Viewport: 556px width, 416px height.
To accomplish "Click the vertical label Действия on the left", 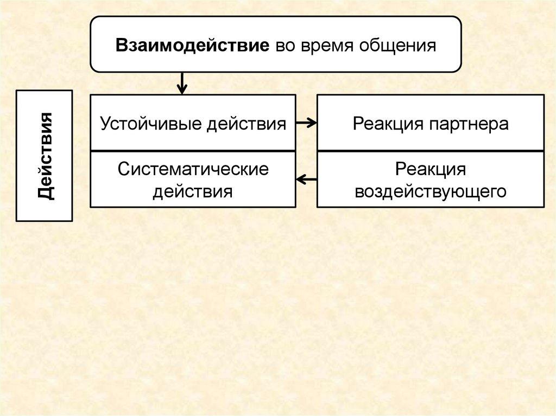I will tap(45, 156).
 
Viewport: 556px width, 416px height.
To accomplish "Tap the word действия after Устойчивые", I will tap(247, 123).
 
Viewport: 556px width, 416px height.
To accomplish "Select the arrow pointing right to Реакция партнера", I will tap(306, 123).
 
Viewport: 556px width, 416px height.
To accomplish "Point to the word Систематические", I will tap(193, 169).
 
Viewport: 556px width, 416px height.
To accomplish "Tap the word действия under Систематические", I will tap(193, 191).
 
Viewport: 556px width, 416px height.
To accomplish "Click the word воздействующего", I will tap(430, 191).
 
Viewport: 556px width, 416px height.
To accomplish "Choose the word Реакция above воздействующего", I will tap(430, 169).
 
